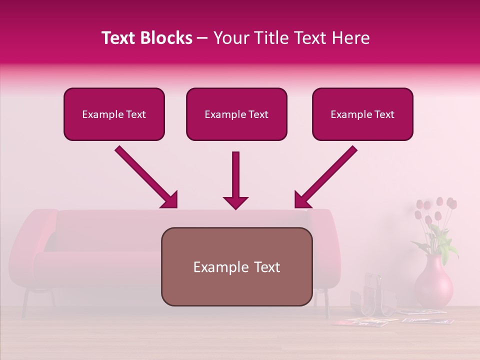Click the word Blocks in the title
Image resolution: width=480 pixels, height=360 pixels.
(x=167, y=38)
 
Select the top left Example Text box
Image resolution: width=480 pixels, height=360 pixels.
(x=114, y=114)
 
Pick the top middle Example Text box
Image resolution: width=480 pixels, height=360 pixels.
(x=236, y=114)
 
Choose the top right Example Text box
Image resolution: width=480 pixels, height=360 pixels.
(x=362, y=114)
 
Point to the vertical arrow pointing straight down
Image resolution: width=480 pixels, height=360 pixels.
(x=236, y=180)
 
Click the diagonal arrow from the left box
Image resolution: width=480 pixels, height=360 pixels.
(x=146, y=177)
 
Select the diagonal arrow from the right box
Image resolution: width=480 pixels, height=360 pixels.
(x=325, y=177)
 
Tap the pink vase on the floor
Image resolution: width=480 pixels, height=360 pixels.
(x=433, y=284)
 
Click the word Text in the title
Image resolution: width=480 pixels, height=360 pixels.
(x=121, y=38)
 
